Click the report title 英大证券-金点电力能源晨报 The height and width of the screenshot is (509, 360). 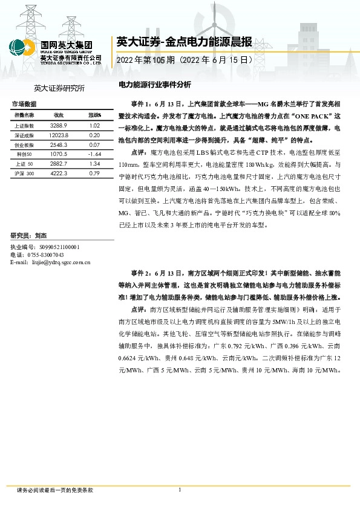(184, 42)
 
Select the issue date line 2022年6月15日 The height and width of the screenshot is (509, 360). (184, 61)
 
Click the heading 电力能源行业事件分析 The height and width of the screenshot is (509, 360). (154, 85)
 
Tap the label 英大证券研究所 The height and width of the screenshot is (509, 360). (59, 88)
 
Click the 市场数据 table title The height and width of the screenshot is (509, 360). (24, 104)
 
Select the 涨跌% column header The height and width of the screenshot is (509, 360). (94, 115)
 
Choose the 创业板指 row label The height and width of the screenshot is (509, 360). (25, 145)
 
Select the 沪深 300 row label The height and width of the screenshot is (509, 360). (25, 173)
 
